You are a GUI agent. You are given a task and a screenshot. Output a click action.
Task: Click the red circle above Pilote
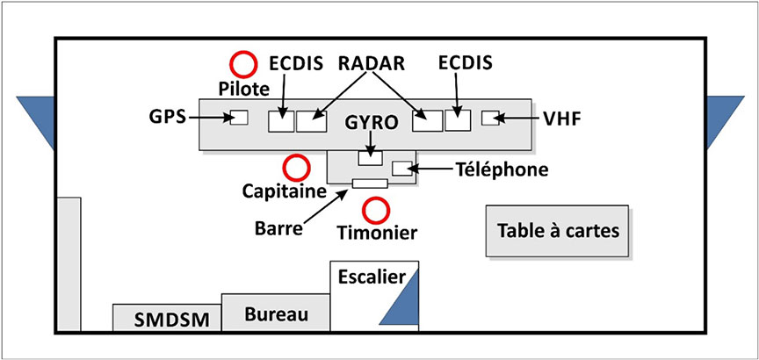242,63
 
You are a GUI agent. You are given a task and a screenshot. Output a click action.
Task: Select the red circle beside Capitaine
297,167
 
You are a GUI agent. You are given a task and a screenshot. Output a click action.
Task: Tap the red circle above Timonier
377,210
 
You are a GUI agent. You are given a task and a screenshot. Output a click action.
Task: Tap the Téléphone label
502,169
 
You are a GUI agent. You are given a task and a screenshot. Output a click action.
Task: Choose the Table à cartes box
558,232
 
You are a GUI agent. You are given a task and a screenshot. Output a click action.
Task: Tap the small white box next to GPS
238,118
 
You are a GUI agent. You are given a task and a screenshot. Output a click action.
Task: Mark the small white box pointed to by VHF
490,118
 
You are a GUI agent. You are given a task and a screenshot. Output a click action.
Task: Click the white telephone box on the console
401,169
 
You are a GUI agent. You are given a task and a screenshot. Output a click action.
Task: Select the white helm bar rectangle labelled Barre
370,184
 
